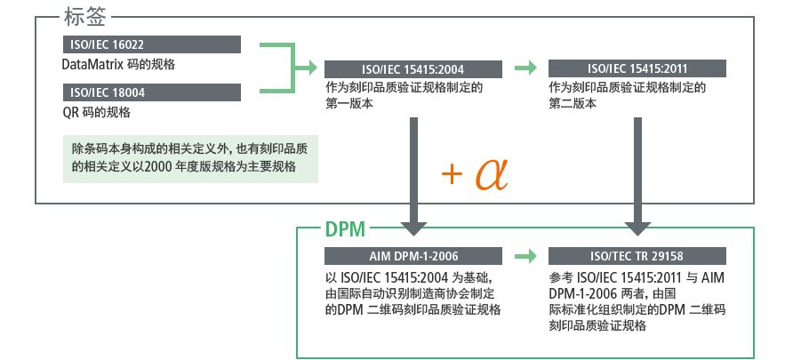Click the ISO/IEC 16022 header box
[151, 44]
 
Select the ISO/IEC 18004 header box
[151, 92]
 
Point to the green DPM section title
[344, 229]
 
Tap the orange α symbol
[491, 173]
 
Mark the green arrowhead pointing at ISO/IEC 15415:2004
[311, 68]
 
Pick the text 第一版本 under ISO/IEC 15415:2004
[348, 104]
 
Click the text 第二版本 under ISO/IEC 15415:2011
[572, 104]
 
